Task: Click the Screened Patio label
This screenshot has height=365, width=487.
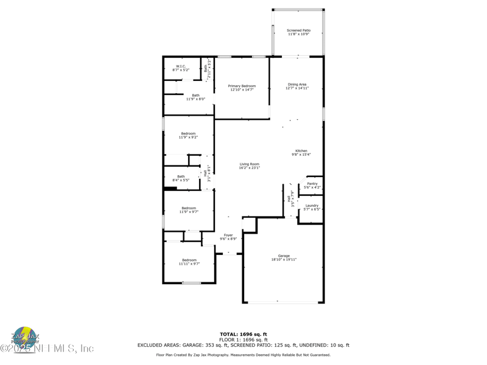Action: tap(298, 30)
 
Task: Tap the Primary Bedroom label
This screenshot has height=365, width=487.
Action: tap(242, 86)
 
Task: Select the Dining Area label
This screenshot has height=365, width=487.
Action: tap(297, 85)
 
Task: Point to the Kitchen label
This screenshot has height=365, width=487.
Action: tap(301, 151)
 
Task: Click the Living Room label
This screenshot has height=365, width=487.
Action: tap(249, 164)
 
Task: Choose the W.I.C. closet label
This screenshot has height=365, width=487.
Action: tap(181, 66)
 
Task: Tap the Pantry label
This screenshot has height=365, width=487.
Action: tap(312, 184)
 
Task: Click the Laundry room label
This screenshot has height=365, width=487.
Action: tap(312, 206)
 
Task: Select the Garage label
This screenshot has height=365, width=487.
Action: tap(284, 256)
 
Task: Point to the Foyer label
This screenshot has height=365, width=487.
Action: tap(228, 235)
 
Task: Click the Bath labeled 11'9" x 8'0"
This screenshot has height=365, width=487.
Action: tap(195, 96)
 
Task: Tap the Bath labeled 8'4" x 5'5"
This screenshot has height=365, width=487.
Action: tap(181, 177)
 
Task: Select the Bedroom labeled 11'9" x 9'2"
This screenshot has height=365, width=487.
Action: tap(188, 134)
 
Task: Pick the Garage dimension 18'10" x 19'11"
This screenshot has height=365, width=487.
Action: tap(284, 260)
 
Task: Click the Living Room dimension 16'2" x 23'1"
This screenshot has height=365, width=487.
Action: tap(249, 168)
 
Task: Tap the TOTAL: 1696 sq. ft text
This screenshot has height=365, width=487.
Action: tap(243, 334)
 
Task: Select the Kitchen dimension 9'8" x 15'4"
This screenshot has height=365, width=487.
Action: tap(301, 155)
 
